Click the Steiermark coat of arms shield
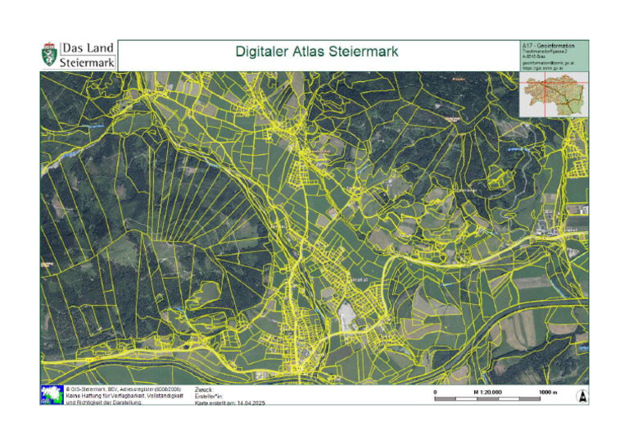click(50, 55)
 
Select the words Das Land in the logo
click(88, 48)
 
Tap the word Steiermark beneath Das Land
click(88, 62)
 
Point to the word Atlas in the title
click(314, 52)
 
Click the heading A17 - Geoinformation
click(548, 45)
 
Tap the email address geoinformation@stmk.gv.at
click(549, 62)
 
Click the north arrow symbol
click(581, 396)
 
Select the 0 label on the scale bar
click(435, 393)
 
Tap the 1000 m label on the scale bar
click(548, 393)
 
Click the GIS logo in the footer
click(52, 395)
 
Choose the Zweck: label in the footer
click(204, 389)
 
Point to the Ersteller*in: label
click(210, 396)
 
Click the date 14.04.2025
click(250, 402)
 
